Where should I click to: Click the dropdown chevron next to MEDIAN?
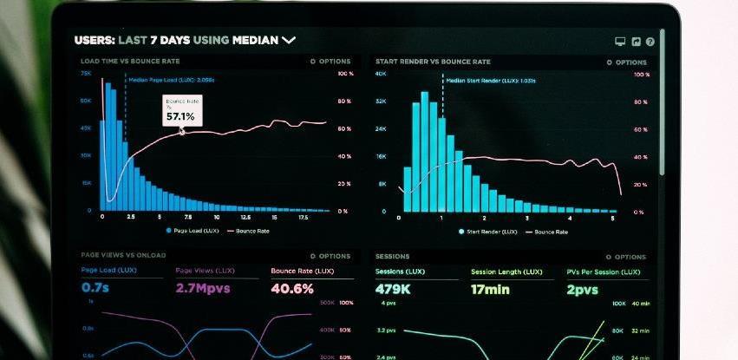tap(289, 40)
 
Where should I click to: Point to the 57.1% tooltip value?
tap(180, 115)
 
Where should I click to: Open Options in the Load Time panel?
tap(330, 62)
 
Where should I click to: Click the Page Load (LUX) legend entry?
tap(193, 231)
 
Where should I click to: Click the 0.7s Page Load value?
tap(95, 287)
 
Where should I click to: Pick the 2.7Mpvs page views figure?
tap(203, 288)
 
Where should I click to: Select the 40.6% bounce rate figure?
tap(292, 288)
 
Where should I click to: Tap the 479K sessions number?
tap(393, 289)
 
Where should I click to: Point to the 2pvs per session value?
tap(582, 289)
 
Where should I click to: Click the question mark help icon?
tap(650, 41)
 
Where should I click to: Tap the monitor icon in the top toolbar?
tap(620, 41)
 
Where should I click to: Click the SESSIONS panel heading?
tap(393, 257)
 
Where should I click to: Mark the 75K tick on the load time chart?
tap(86, 75)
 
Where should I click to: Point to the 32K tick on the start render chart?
tap(381, 101)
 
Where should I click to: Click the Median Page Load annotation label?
tap(172, 79)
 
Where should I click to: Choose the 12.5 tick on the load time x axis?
tap(245, 218)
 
